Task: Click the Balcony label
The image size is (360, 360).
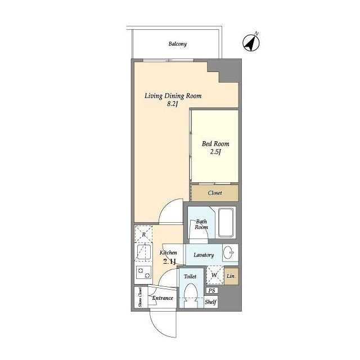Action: pyautogui.click(x=178, y=44)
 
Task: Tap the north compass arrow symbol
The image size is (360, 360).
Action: pyautogui.click(x=251, y=42)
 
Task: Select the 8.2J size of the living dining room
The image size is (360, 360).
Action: pyautogui.click(x=173, y=104)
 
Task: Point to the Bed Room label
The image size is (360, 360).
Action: pyautogui.click(x=215, y=144)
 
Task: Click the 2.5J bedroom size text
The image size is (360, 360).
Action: pyautogui.click(x=215, y=152)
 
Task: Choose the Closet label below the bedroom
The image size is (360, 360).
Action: pyautogui.click(x=215, y=193)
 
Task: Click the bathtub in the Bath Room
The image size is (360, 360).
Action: pyautogui.click(x=227, y=222)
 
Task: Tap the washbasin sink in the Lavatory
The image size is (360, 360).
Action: pyautogui.click(x=230, y=253)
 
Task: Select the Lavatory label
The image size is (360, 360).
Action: pyautogui.click(x=204, y=255)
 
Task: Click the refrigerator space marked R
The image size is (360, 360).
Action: pyautogui.click(x=143, y=234)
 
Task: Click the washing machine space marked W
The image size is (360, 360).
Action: pyautogui.click(x=215, y=275)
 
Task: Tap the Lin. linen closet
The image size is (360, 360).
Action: pyautogui.click(x=231, y=276)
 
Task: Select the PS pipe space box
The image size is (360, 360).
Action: pyautogui.click(x=212, y=290)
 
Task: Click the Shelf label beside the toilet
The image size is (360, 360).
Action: pyautogui.click(x=210, y=302)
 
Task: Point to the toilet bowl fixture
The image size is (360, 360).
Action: pyautogui.click(x=191, y=295)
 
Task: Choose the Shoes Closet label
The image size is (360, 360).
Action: pyautogui.click(x=140, y=298)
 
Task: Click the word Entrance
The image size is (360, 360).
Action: pyautogui.click(x=163, y=298)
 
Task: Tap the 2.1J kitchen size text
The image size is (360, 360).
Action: pyautogui.click(x=169, y=261)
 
